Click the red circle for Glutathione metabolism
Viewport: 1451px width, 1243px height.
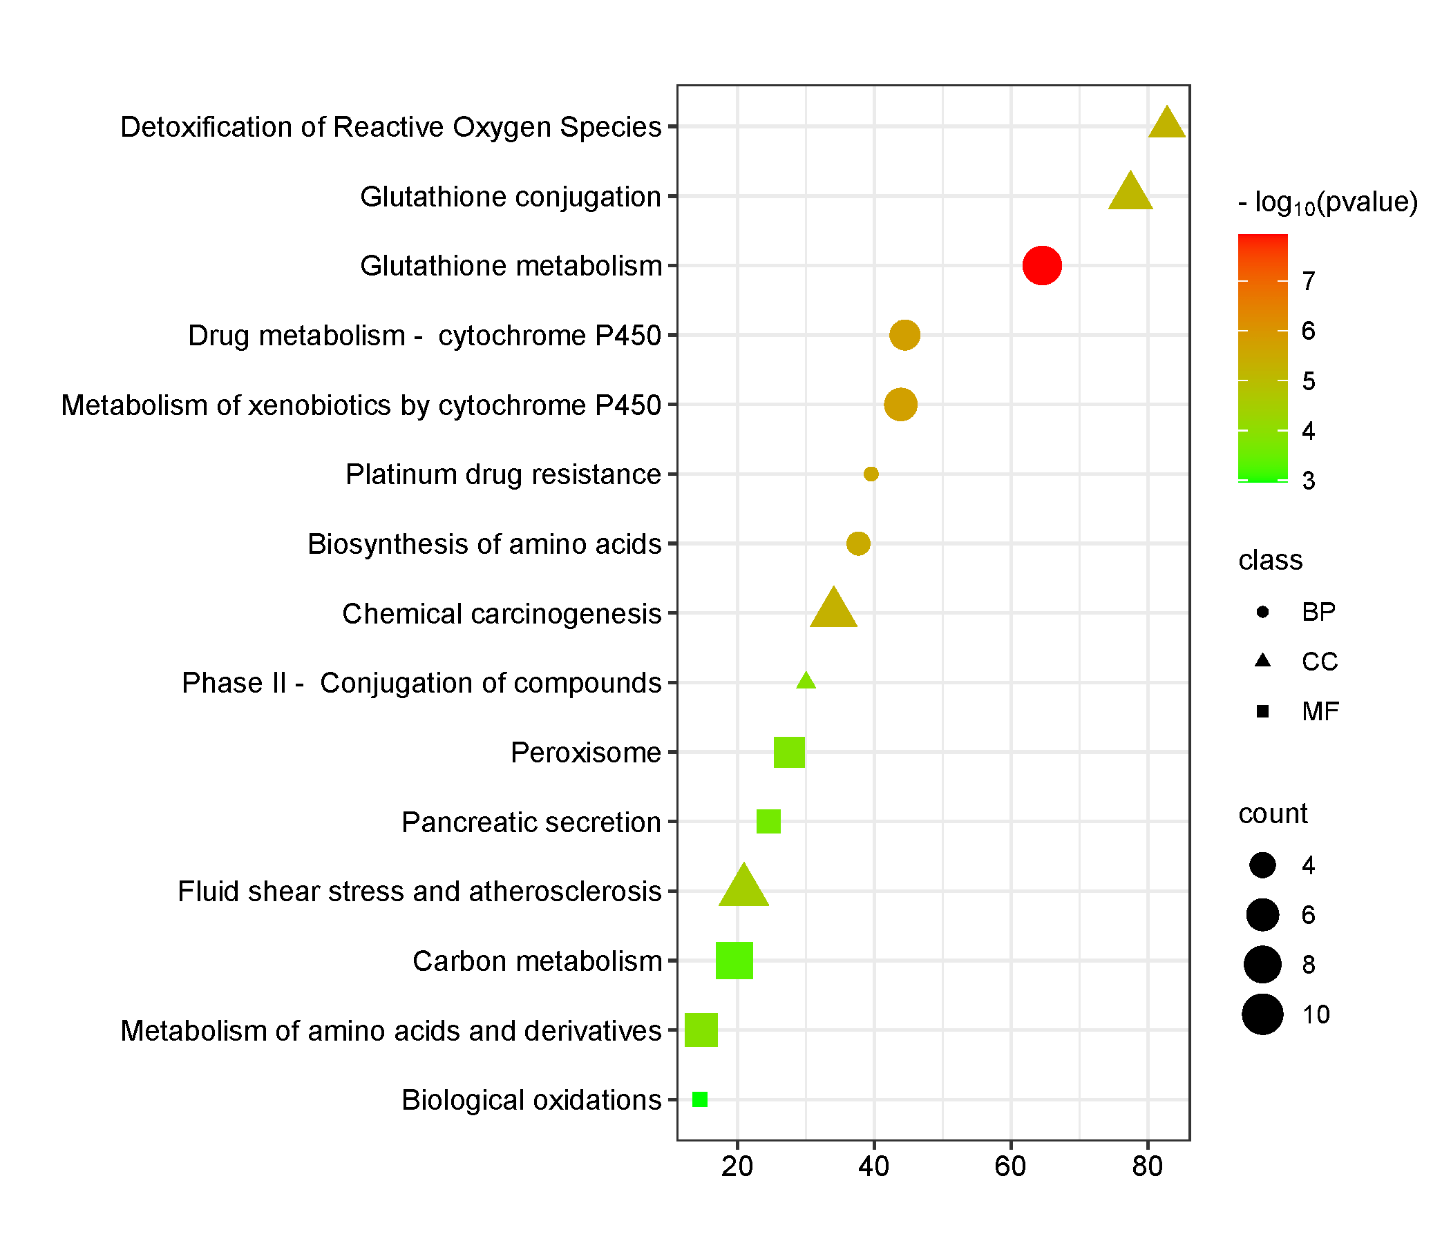tap(1041, 266)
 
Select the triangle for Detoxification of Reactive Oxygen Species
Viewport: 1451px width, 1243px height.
tap(1167, 124)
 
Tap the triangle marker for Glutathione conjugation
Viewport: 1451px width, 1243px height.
tap(1130, 193)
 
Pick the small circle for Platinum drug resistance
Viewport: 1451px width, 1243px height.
tap(871, 474)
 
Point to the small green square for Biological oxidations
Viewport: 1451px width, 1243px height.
tap(699, 1099)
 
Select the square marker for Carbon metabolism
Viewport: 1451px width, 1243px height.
tap(734, 961)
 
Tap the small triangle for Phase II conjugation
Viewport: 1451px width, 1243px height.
tap(806, 681)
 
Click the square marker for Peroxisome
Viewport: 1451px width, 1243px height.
tap(788, 753)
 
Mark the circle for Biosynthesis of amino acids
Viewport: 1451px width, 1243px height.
tap(858, 544)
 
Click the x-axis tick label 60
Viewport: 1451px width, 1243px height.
tap(1010, 1166)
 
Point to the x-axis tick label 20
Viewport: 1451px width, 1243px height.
tap(737, 1166)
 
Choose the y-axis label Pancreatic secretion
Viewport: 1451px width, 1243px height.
tap(531, 822)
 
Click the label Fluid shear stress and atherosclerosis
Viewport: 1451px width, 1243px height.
tap(419, 892)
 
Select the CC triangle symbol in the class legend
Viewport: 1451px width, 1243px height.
tap(1262, 661)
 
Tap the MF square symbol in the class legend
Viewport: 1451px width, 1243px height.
tap(1262, 712)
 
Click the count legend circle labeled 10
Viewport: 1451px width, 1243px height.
tap(1262, 1014)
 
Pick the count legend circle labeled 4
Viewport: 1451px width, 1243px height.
tap(1262, 866)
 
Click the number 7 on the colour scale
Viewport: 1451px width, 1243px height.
tap(1308, 281)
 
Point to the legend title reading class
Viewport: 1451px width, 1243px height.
tap(1271, 561)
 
